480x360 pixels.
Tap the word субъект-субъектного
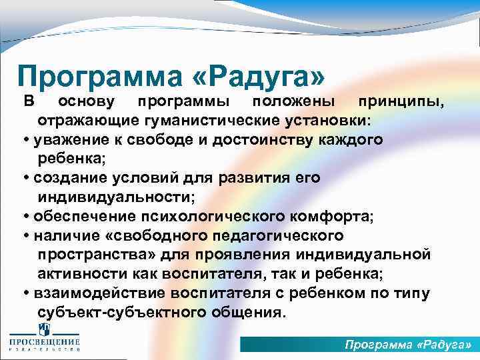[x=114, y=313]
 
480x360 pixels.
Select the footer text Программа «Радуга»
[x=408, y=345]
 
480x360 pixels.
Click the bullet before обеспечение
[x=26, y=217]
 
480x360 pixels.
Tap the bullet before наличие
[x=26, y=236]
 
